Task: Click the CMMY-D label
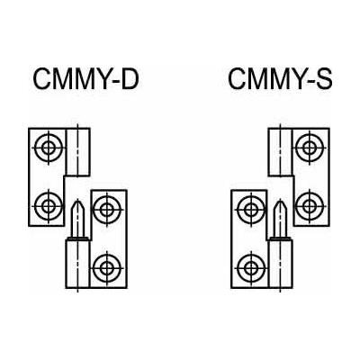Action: click(85, 79)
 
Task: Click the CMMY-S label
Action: click(280, 79)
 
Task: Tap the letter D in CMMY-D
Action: click(130, 79)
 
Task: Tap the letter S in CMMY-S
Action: click(324, 79)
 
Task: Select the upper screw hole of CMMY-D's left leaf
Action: click(49, 148)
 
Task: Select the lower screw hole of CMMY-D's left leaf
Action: click(49, 206)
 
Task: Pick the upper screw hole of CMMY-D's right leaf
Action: click(107, 210)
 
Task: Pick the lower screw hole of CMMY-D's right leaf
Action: click(107, 267)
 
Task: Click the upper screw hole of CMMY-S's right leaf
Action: click(310, 148)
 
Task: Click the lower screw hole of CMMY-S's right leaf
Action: click(310, 206)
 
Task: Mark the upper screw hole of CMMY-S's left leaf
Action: click(251, 210)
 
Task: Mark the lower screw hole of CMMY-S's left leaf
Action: click(251, 267)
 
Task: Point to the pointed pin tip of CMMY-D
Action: click(78, 200)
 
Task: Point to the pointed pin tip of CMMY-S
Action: click(280, 200)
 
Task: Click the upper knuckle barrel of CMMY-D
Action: click(77, 152)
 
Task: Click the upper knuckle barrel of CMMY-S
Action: click(280, 152)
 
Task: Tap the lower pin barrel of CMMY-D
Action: click(77, 264)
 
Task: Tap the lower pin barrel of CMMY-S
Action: click(280, 264)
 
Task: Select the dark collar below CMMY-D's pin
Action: click(77, 238)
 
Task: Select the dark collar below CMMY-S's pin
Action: click(280, 238)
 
